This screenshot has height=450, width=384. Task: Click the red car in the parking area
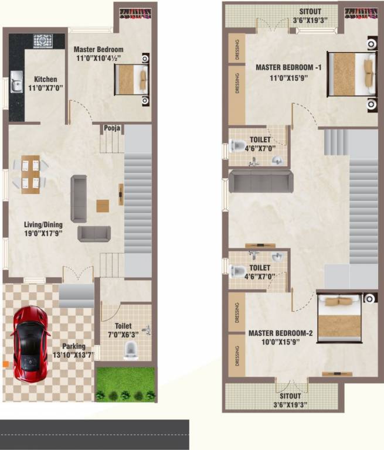(x=30, y=343)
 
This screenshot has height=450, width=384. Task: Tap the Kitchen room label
(x=45, y=79)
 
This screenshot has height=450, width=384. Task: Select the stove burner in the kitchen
(x=43, y=40)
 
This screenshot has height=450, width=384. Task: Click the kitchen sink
(x=16, y=82)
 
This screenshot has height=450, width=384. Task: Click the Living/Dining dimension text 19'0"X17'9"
(x=43, y=233)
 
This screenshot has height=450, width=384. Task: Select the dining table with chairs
(x=30, y=174)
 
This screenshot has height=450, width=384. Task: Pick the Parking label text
(x=74, y=346)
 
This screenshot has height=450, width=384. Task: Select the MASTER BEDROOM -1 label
(x=289, y=67)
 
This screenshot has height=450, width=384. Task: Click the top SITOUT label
(x=310, y=12)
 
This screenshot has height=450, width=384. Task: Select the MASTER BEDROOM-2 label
(x=281, y=333)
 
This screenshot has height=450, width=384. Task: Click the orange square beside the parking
(x=4, y=364)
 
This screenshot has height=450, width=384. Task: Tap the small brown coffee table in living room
(x=103, y=206)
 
